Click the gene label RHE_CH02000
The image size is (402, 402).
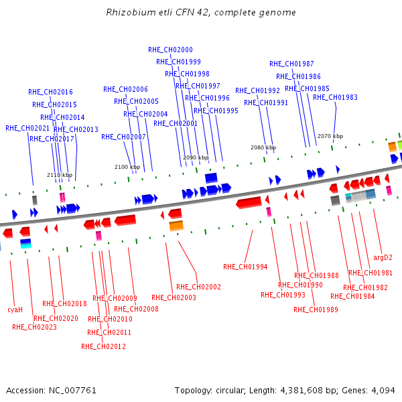[170, 50]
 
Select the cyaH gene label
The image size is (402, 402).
[15, 310]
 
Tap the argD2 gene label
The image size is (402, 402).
[383, 257]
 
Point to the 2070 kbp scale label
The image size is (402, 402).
[330, 136]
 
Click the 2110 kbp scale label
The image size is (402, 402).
[60, 175]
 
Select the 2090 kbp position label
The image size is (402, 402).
[196, 157]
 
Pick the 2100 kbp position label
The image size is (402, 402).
[127, 167]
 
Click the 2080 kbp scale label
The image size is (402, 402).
[263, 147]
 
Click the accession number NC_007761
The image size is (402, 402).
[72, 391]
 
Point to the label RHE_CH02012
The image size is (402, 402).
[104, 346]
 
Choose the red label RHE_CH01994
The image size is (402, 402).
[245, 267]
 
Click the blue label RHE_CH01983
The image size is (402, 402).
[336, 97]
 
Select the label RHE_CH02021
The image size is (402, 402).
[27, 128]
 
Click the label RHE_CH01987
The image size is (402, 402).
[291, 64]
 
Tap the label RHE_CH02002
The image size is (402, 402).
[199, 287]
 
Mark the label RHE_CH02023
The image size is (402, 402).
[35, 327]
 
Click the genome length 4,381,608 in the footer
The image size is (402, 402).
[301, 391]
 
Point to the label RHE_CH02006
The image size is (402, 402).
[126, 89]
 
